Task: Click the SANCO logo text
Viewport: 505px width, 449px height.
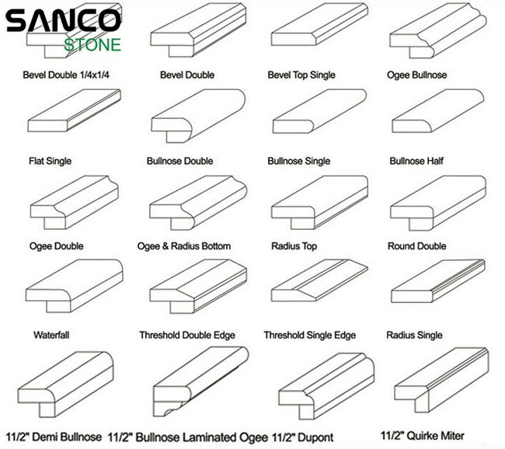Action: coord(63,21)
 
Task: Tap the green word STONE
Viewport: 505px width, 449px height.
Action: coord(92,45)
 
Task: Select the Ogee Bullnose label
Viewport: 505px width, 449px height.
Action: coord(416,75)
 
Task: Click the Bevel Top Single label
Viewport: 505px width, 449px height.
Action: coord(301,75)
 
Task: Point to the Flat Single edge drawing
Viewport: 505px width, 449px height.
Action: coord(74,110)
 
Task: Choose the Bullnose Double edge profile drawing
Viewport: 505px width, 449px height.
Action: coord(198,116)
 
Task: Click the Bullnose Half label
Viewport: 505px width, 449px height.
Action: coord(416,161)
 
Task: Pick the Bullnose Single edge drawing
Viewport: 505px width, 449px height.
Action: coord(319,111)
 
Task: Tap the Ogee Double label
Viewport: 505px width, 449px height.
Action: coord(57,246)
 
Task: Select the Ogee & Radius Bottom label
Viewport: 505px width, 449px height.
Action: coord(184,246)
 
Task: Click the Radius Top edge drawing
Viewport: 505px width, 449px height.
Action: coord(319,202)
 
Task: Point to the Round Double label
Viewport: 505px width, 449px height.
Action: coord(416,246)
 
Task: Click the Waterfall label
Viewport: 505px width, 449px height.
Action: coord(51,335)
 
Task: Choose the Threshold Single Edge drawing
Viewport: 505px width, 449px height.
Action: coord(319,280)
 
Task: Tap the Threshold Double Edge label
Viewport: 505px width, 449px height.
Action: coord(187,336)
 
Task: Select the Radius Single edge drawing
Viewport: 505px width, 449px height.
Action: coord(438,281)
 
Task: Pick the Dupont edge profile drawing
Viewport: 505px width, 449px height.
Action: coord(326,386)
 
